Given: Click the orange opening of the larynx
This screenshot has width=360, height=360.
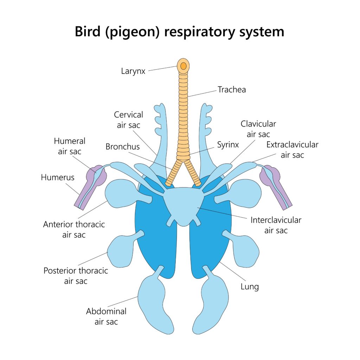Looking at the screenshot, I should (184, 66).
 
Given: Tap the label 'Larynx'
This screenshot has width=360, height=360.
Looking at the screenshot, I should (133, 71).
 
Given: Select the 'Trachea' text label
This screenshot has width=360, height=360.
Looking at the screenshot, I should (232, 90).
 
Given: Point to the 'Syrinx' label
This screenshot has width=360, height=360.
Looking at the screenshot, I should (228, 145).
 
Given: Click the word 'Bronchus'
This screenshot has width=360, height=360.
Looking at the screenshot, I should (122, 147).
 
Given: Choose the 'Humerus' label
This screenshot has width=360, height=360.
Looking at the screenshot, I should (58, 178).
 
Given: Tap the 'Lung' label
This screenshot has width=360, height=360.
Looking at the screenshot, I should (250, 287).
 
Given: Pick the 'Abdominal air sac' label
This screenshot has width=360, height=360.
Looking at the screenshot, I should (106, 316).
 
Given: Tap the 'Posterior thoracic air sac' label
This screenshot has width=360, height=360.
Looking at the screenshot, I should (76, 276).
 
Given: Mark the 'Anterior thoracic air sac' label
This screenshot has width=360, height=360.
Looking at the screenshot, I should (74, 229).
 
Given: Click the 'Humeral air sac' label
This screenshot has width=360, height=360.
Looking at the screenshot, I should (70, 146).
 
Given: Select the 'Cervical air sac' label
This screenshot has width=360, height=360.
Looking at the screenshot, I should (129, 120).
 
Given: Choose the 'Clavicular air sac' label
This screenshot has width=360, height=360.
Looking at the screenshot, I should (258, 129).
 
